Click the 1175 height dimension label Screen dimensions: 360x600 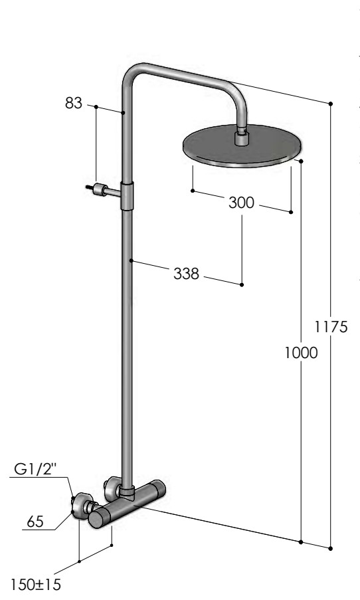(x=331, y=327)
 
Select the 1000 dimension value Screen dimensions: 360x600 (x=301, y=353)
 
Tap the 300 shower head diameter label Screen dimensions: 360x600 (x=241, y=203)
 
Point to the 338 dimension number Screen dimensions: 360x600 (x=187, y=274)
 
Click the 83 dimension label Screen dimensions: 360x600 (x=74, y=103)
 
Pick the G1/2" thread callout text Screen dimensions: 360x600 (x=35, y=468)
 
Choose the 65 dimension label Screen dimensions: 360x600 (x=36, y=522)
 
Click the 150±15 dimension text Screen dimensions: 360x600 (x=35, y=585)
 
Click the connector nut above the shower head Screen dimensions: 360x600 (x=241, y=138)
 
